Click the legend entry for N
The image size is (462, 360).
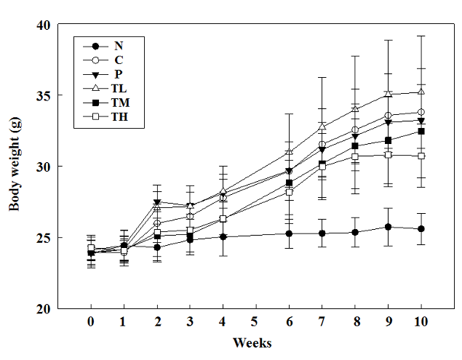(118, 46)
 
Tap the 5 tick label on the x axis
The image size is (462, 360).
(255, 321)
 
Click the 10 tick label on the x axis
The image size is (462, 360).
(421, 321)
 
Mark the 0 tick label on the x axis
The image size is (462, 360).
(91, 321)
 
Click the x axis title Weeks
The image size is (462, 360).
(253, 342)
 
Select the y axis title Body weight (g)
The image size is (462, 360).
(15, 166)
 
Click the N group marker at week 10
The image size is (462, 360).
(421, 229)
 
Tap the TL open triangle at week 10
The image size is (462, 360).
(421, 92)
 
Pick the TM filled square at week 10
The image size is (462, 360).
(421, 132)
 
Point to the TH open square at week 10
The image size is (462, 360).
(421, 156)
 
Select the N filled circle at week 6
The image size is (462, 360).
(289, 233)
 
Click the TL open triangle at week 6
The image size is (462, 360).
(289, 152)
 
